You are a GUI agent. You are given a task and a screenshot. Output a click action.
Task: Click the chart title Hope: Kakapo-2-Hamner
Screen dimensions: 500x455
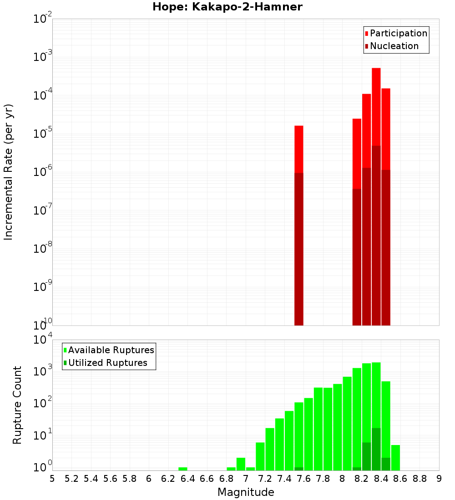(227, 7)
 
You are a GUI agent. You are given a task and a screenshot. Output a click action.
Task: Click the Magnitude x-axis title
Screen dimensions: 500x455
(246, 492)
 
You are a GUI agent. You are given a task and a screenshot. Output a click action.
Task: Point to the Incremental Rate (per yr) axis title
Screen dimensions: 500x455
(9, 172)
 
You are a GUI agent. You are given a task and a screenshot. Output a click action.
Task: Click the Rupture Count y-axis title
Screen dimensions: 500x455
(17, 405)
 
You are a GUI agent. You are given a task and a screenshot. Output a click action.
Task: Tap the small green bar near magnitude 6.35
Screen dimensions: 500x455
(183, 469)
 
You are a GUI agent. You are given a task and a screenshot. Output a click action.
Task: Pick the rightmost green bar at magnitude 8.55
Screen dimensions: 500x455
(395, 458)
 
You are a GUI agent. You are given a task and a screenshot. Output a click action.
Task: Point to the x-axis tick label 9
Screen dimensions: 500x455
(439, 479)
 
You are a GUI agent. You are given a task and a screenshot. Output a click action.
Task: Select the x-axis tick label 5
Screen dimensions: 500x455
(52, 479)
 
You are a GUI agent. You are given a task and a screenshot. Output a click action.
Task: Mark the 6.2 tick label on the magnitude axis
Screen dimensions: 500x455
(168, 479)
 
